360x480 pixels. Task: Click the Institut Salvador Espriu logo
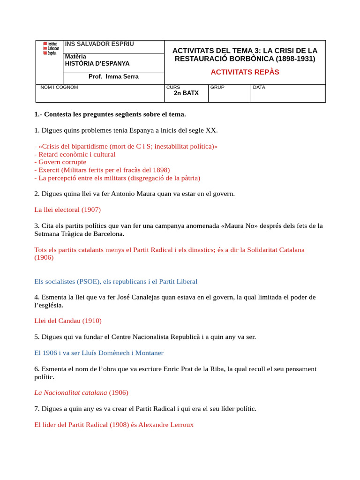(51, 48)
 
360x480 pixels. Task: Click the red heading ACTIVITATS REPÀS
(245, 72)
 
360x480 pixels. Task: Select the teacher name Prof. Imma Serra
(113, 76)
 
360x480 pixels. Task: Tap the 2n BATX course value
(186, 93)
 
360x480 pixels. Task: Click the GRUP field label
(217, 87)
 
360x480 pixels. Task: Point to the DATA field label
(259, 87)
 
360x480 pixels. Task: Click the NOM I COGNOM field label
(60, 87)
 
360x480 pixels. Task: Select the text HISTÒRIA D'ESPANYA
(97, 63)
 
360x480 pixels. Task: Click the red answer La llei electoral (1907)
(67, 210)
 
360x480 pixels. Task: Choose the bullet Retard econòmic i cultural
(76, 154)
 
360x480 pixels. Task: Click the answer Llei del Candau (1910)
(68, 321)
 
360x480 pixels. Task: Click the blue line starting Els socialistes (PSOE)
(116, 281)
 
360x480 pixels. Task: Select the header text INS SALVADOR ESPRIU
(99, 44)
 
